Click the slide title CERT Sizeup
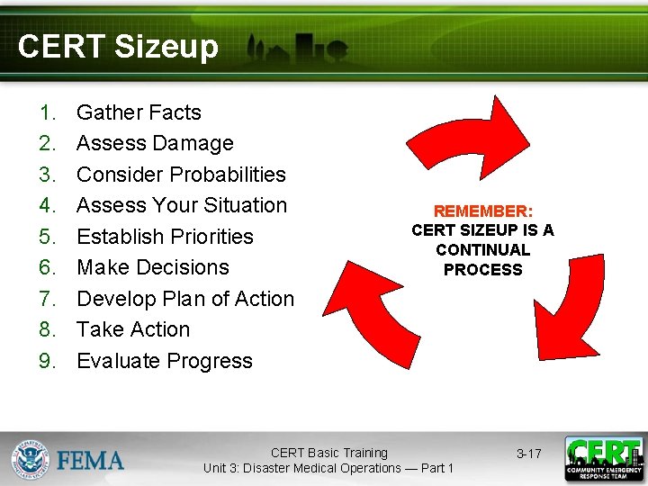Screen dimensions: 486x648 pos(118,47)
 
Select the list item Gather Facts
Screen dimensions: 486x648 pos(139,112)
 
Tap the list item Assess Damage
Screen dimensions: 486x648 pos(155,143)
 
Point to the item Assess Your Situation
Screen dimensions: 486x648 pos(181,205)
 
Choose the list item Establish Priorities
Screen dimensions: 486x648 pos(165,237)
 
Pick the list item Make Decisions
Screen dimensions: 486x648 pos(153,267)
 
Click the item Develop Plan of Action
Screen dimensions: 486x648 pos(185,299)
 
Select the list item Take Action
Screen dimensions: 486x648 pos(133,329)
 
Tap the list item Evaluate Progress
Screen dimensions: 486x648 pos(165,361)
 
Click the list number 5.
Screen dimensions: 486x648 pos(47,237)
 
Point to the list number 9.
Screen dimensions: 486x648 pos(47,361)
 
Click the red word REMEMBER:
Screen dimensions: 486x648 pos(483,211)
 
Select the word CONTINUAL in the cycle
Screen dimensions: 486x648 pos(483,250)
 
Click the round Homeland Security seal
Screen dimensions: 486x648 pos(31,458)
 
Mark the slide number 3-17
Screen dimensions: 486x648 pos(528,454)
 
